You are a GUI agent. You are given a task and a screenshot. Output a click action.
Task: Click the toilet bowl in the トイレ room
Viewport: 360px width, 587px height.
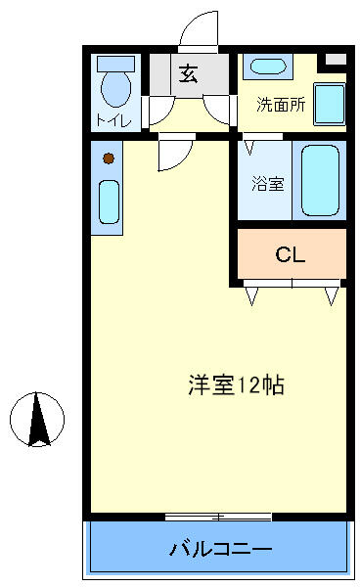click(x=116, y=89)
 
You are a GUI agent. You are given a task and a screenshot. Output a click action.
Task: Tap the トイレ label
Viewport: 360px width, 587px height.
click(x=113, y=120)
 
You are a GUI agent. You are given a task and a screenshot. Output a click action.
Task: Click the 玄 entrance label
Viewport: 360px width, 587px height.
click(x=188, y=73)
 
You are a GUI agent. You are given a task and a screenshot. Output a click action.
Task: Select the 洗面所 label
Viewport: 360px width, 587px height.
click(x=281, y=105)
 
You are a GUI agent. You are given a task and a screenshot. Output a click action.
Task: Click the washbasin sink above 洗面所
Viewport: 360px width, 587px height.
click(x=268, y=67)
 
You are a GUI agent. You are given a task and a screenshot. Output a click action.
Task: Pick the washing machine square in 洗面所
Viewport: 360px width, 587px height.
click(x=330, y=104)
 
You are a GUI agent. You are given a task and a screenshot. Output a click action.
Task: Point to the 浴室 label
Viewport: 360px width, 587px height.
click(x=268, y=184)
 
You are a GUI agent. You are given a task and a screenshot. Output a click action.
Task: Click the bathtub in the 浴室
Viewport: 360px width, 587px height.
click(x=320, y=180)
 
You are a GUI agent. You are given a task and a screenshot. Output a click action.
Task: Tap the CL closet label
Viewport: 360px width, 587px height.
click(x=290, y=254)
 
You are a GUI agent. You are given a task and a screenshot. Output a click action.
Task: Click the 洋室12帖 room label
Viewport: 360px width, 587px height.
click(x=236, y=384)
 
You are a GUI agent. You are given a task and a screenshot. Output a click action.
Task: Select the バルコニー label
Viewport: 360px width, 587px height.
click(x=220, y=549)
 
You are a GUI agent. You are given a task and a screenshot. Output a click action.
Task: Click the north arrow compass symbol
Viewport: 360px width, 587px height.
click(x=37, y=420)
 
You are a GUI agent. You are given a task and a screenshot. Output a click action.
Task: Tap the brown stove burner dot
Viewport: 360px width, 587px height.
click(x=109, y=158)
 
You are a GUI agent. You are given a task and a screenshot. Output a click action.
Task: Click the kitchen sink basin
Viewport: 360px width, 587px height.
click(x=109, y=203)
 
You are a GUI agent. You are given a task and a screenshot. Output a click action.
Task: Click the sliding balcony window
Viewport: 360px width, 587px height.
click(x=218, y=517)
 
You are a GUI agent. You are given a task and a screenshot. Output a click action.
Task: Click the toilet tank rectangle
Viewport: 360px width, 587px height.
click(x=115, y=64)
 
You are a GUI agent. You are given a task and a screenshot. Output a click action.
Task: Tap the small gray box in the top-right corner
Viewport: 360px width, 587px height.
click(x=336, y=59)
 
